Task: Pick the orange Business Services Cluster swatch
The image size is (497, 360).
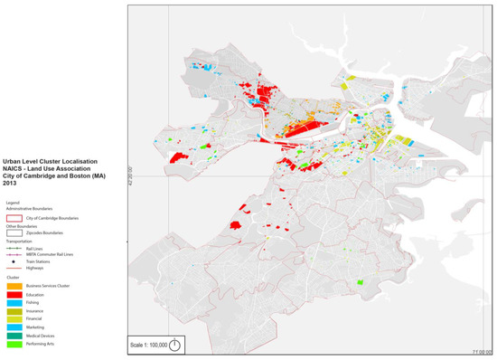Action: [14, 285]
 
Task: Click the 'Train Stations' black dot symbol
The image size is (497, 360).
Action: [14, 261]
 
